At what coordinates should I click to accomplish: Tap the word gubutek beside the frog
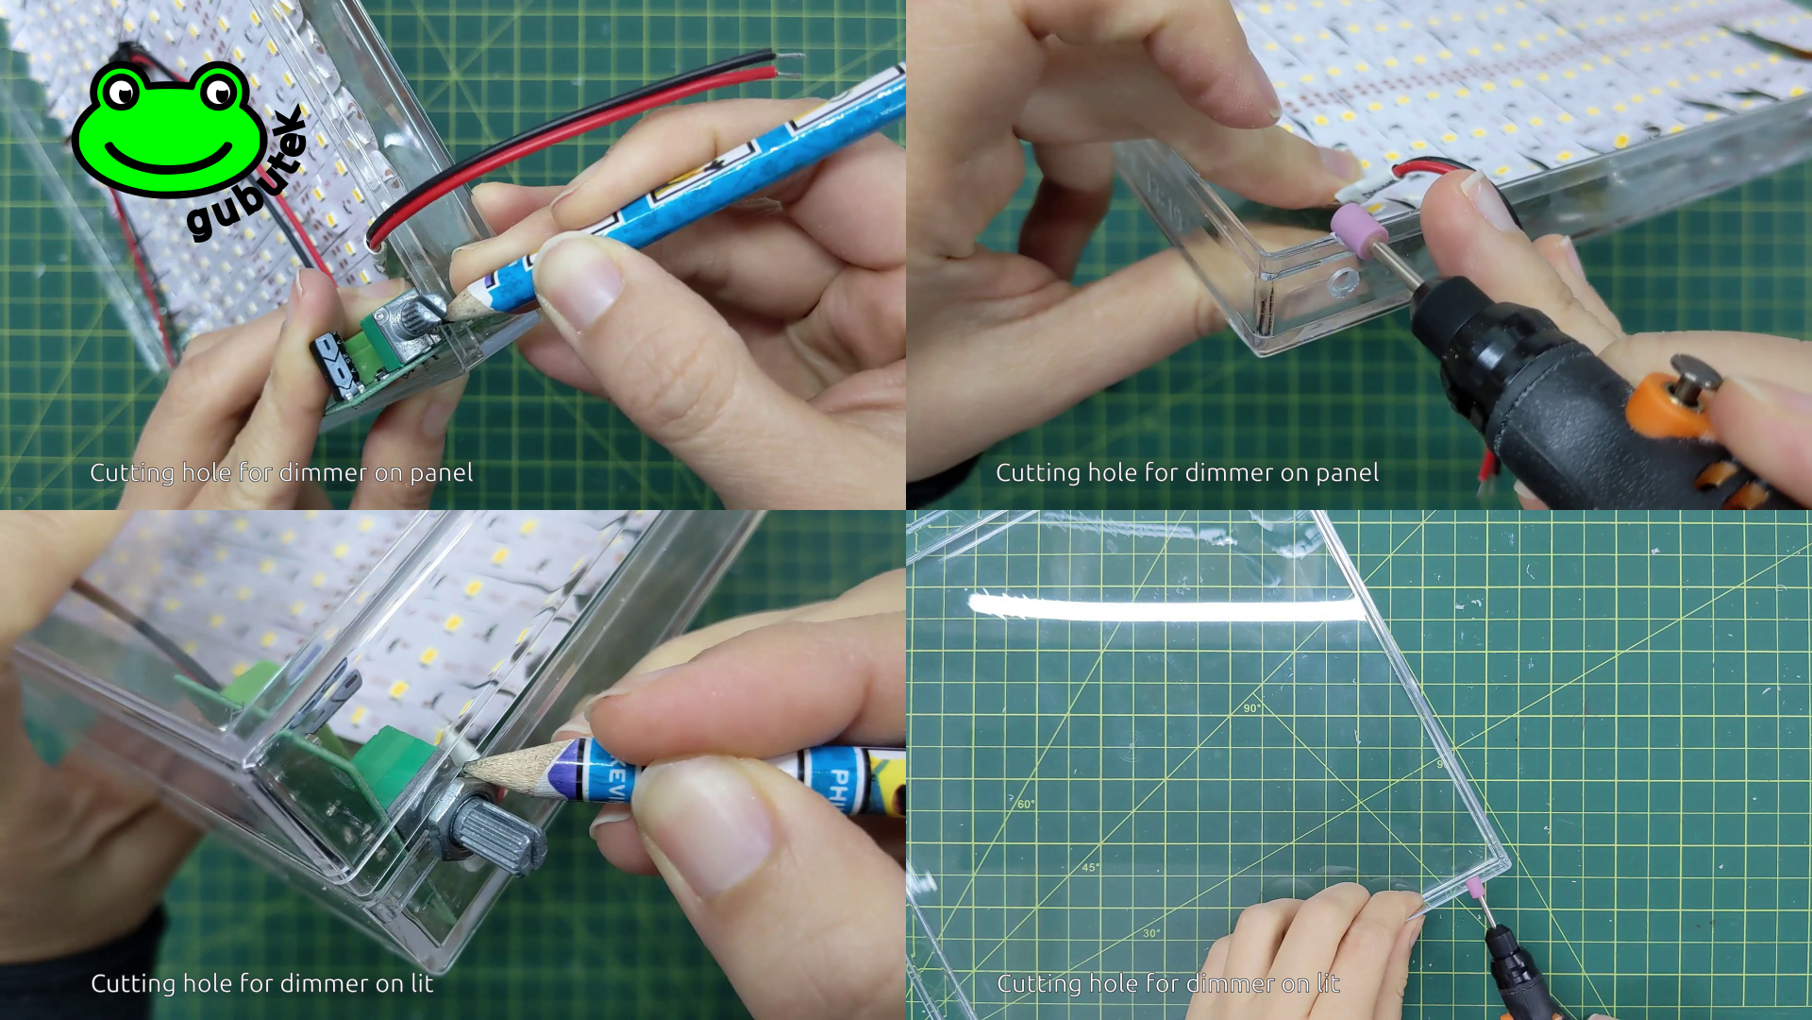247,176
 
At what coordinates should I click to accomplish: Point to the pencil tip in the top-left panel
450,313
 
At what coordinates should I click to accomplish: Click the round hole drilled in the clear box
1341,280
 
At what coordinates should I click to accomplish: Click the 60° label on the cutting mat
1026,804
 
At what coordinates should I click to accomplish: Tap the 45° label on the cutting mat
1090,867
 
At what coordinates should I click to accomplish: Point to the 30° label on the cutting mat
1151,933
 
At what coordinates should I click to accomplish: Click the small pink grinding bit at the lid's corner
1473,886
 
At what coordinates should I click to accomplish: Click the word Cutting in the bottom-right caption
1038,984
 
